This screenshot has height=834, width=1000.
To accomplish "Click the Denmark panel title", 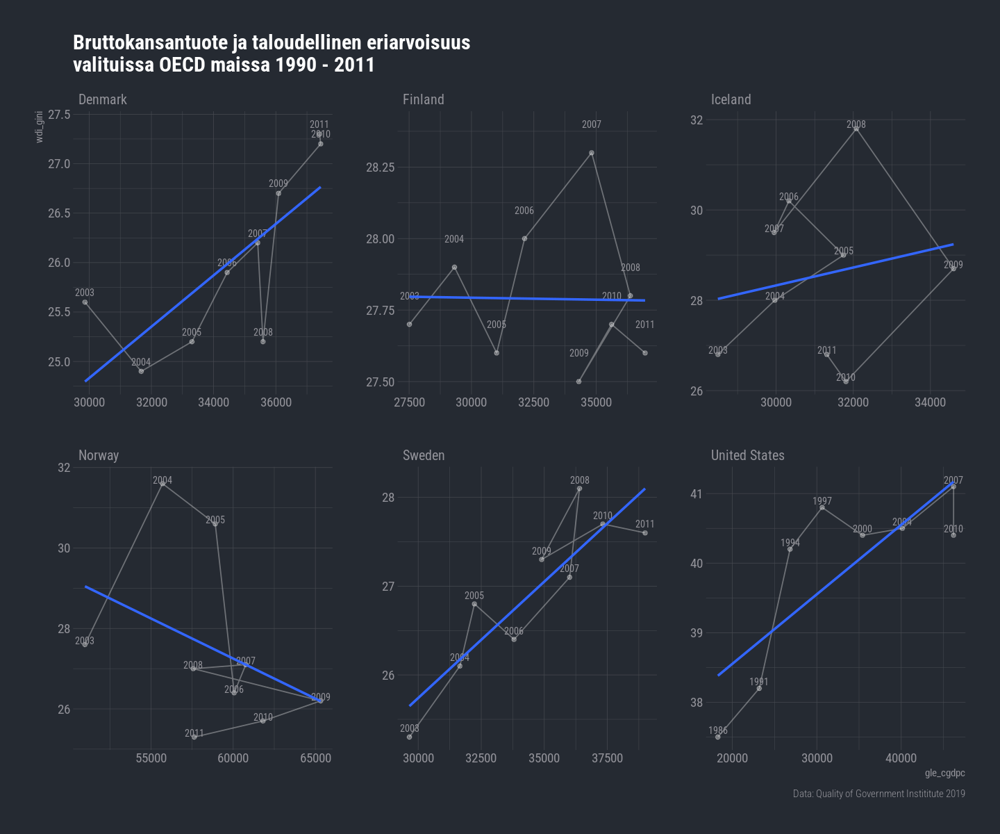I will click(x=103, y=99).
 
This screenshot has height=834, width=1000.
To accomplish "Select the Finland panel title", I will click(x=423, y=99).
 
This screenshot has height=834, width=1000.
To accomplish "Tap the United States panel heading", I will click(x=747, y=455).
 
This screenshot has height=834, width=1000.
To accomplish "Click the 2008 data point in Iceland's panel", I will click(x=856, y=129).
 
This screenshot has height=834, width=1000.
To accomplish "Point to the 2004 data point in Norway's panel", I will click(x=162, y=484).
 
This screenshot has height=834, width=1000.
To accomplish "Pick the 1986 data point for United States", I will click(x=718, y=737).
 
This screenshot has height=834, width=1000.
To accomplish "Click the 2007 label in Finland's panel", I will click(x=592, y=125).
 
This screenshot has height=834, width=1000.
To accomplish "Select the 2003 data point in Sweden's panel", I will click(x=410, y=737).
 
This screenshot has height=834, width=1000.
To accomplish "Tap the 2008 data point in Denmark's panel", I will click(x=263, y=342).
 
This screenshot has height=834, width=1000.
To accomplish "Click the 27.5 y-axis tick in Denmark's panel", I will click(x=59, y=115).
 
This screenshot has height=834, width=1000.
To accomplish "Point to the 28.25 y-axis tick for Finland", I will click(x=380, y=167).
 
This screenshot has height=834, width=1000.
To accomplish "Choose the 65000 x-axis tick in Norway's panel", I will click(x=315, y=758).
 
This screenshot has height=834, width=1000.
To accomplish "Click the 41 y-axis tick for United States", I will click(x=696, y=494).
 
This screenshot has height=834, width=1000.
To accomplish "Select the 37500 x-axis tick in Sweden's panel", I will click(x=607, y=758).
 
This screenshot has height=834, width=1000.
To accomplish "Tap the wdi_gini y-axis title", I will click(x=40, y=126).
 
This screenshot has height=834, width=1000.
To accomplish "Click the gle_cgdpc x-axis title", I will click(x=944, y=774).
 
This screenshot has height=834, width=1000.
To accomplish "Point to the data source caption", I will click(x=878, y=794).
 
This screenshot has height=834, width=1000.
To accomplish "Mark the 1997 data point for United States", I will click(x=822, y=508).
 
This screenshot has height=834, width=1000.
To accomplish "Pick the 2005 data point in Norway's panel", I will click(x=215, y=524).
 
